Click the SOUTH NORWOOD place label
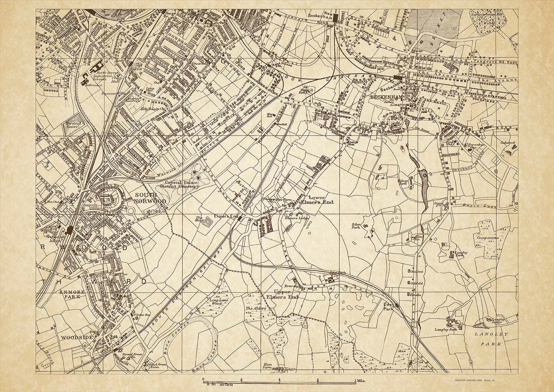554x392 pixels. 150,198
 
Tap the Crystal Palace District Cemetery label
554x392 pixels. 182,185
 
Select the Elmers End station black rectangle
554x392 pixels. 239,217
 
